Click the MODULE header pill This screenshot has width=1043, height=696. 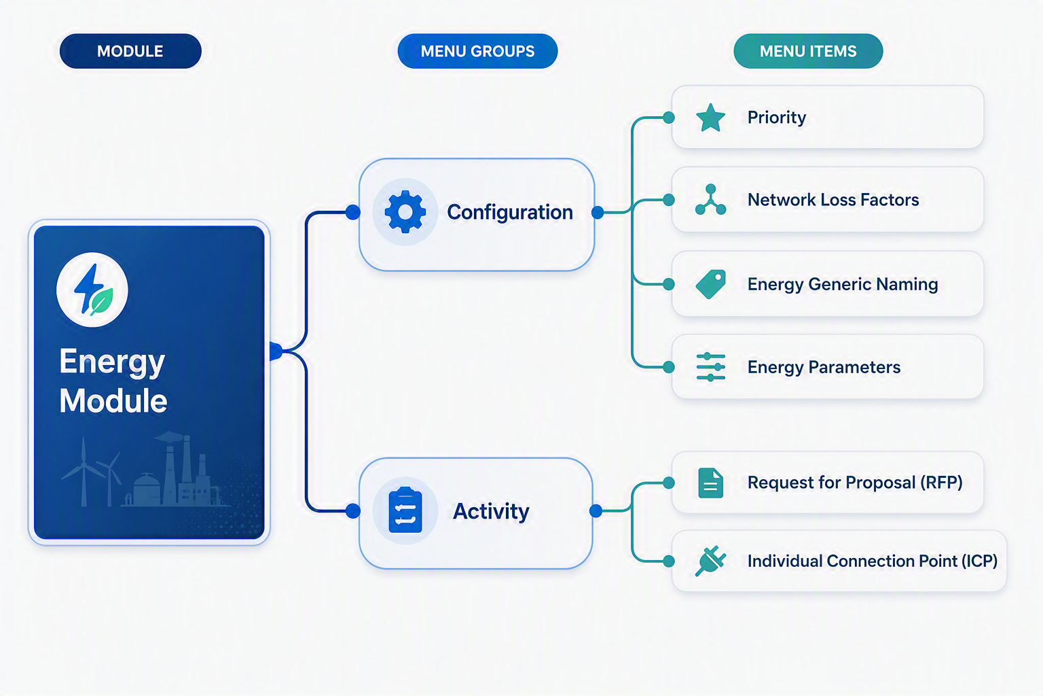point(130,51)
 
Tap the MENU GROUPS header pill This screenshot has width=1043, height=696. point(478,51)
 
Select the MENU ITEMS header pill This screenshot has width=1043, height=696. point(808,51)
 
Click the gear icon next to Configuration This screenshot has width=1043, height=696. point(405,211)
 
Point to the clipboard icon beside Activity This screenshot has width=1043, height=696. point(405,510)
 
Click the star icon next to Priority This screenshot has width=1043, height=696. point(710,118)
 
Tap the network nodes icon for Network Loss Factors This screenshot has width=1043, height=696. point(710,200)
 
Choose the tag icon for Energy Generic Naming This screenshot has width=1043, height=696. point(710,284)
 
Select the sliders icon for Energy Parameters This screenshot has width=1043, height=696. point(710,367)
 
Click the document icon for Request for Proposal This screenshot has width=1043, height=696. point(710,483)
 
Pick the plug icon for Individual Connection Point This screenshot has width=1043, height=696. point(710,561)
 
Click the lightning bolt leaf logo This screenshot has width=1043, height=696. point(92,290)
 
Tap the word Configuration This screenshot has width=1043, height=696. point(510,213)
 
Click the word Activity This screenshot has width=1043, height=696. point(491,511)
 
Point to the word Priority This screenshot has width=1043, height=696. point(777,118)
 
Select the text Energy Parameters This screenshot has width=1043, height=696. point(824,367)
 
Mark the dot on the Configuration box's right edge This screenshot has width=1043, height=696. point(598,213)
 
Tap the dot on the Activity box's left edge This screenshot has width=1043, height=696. point(353,511)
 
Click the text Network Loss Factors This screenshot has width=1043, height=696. point(833,200)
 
